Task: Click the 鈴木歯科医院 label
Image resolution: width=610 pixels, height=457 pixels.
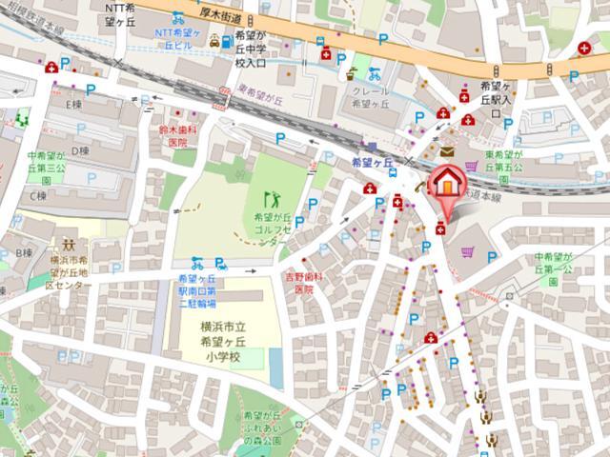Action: [x=177, y=134]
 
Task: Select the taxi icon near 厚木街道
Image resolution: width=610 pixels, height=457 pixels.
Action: [x=216, y=41]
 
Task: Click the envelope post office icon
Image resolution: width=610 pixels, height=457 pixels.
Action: [x=447, y=151]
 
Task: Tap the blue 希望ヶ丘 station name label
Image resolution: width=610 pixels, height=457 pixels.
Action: [x=372, y=163]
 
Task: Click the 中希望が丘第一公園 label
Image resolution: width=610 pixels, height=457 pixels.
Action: [x=557, y=268]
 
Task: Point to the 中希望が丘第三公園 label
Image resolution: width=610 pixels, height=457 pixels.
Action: [x=45, y=168]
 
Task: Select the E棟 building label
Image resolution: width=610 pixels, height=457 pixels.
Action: [x=74, y=104]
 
